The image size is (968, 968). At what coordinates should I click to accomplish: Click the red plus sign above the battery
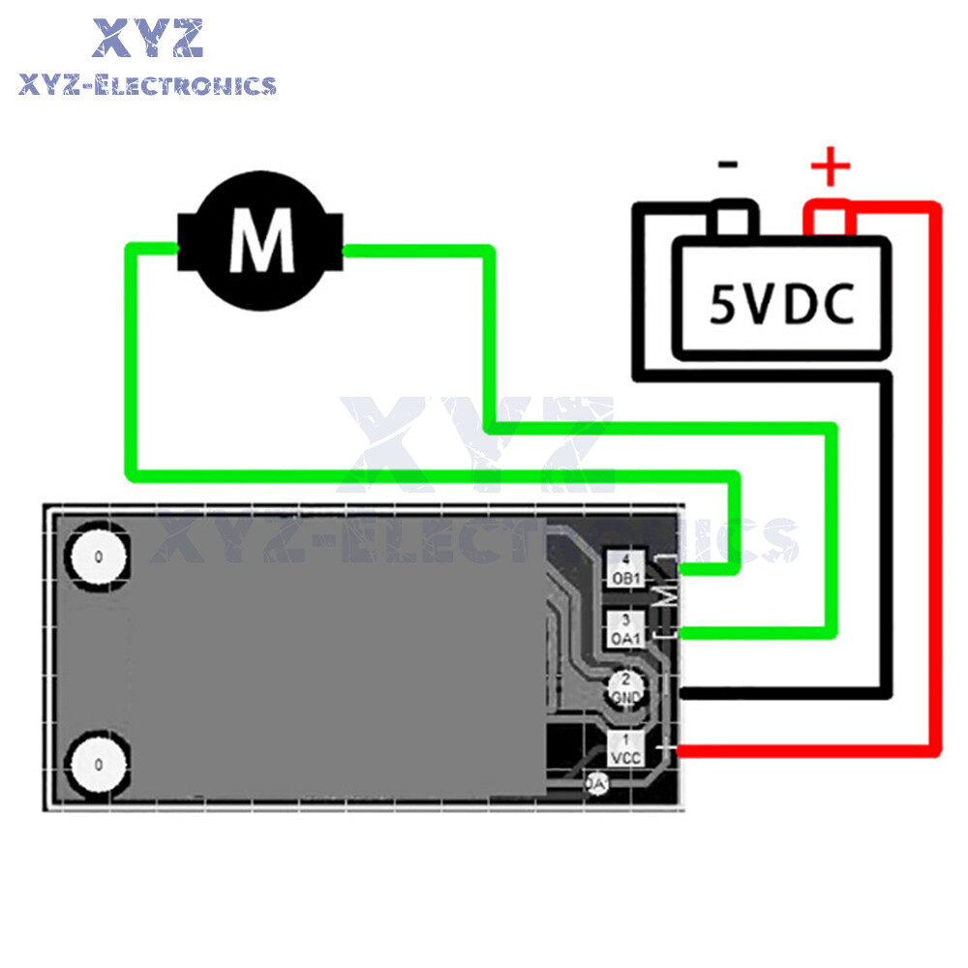coord(830,168)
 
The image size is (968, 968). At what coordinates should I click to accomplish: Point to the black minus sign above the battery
coord(728,165)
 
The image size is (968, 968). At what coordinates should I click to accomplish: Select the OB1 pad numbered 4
coord(626,569)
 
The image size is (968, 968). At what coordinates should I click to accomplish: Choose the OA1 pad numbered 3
coord(626,630)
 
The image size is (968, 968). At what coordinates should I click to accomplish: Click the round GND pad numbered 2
coord(626,689)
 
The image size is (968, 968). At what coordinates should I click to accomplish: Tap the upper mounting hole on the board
coord(97,558)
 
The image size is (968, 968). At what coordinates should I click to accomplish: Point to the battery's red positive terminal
coord(831,220)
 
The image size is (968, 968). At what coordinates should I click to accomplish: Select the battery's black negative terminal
coord(733,220)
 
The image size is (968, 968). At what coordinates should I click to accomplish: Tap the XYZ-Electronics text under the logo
coord(147,85)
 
